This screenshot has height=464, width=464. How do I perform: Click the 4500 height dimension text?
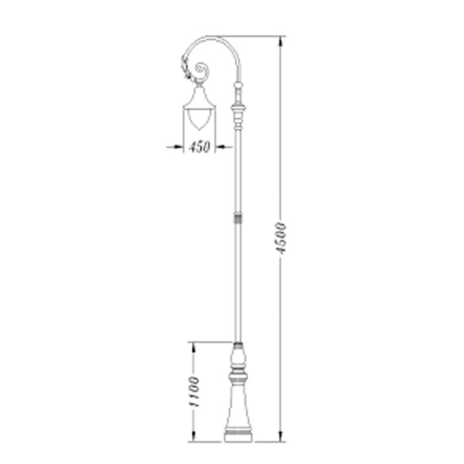tap(281, 238)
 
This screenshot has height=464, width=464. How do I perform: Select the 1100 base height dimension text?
tap(194, 392)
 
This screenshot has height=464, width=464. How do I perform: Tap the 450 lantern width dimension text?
tap(200, 147)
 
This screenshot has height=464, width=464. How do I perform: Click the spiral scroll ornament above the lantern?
tap(203, 71)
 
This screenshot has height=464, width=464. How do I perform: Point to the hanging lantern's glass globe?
tap(200, 120)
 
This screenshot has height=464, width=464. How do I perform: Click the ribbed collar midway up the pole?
tap(238, 218)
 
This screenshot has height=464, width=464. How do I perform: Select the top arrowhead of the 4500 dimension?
tap(281, 42)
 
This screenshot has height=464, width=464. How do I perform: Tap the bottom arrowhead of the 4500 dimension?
tap(281, 436)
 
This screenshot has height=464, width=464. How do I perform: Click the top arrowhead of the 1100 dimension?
tap(194, 347)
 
